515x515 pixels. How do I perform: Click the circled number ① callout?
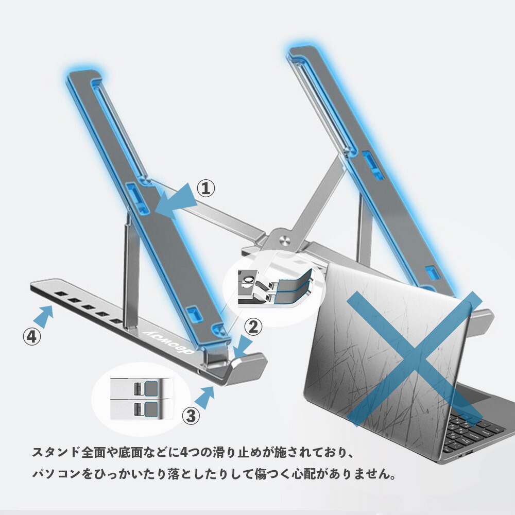click(x=205, y=188)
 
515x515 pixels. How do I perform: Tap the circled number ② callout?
click(x=253, y=327)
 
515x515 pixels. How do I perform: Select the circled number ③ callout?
click(x=191, y=416)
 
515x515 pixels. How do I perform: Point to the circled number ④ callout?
click(x=32, y=337)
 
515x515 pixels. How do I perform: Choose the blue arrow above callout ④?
click(x=43, y=316)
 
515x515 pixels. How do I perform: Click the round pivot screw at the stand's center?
click(x=285, y=240)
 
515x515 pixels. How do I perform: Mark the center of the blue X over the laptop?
click(x=414, y=359)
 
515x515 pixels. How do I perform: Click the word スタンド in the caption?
click(x=56, y=452)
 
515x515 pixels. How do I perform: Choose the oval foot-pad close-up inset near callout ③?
click(x=141, y=399)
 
